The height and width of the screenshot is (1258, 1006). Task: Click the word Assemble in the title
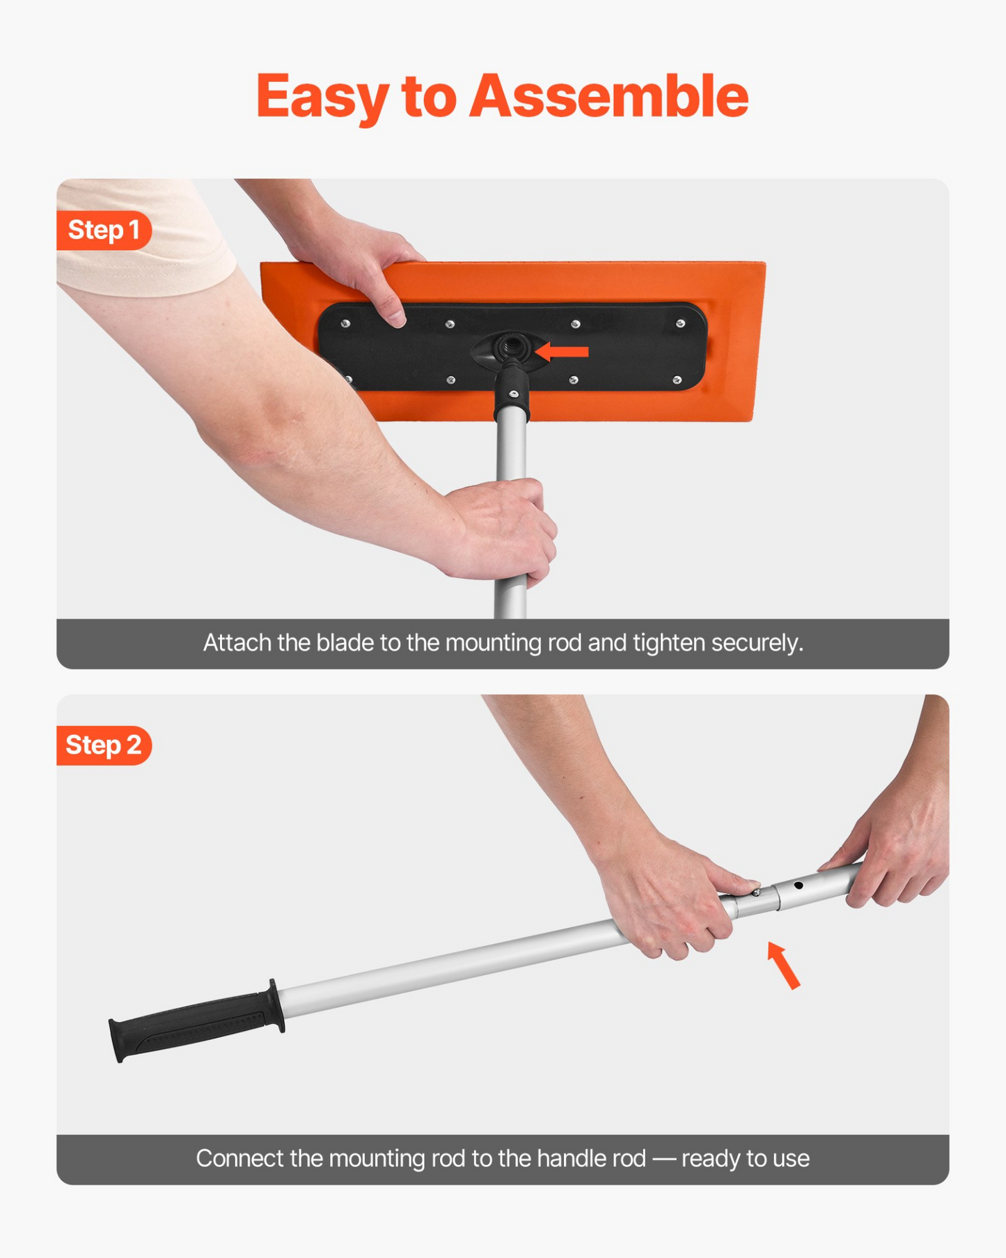point(608,96)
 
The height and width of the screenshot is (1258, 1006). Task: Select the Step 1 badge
point(104,230)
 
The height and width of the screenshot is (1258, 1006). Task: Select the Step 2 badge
point(104,745)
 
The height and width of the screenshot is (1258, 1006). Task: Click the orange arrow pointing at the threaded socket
point(562,352)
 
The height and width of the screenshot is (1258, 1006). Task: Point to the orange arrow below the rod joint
point(784,964)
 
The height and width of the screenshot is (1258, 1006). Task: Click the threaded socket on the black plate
point(509,345)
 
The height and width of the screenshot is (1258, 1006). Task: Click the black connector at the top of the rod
point(512,394)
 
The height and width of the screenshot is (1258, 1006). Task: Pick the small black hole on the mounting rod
point(799,885)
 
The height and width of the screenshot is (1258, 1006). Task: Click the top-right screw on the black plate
point(680,323)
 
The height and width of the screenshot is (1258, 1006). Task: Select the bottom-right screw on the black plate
point(677,380)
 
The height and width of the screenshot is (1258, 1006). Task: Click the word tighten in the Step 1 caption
point(668,643)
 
